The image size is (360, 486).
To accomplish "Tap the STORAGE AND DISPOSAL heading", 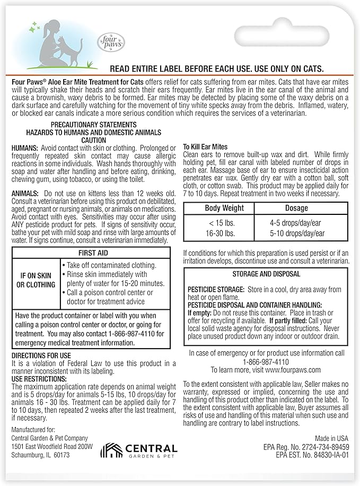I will tap(266, 274).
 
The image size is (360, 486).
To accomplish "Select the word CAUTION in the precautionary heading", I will tap(94, 139).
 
